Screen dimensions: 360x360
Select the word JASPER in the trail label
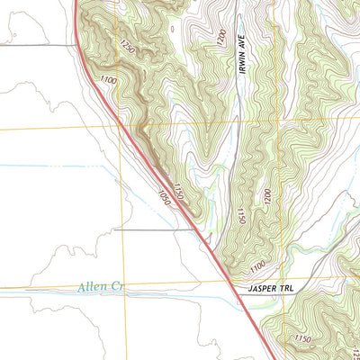[261, 288]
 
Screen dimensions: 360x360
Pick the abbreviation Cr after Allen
[112, 287]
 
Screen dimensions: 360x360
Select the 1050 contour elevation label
[162, 195]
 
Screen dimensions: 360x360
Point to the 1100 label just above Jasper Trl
[256, 267]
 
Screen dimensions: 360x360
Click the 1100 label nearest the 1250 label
[109, 82]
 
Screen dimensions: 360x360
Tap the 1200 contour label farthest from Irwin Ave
[266, 197]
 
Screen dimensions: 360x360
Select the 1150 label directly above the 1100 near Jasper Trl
[240, 216]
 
